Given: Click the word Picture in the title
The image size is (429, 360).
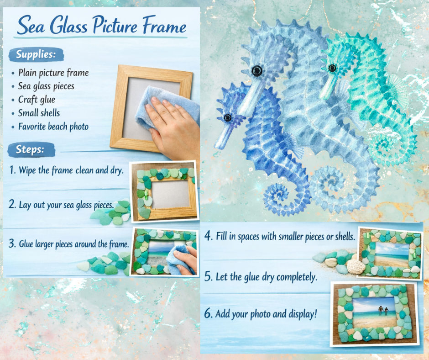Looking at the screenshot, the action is pos(115,26).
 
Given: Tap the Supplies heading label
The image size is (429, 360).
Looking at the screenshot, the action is pos(36,54).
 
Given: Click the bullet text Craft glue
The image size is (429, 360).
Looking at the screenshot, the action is pos(37,100).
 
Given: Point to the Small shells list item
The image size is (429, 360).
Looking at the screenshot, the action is pos(39,113).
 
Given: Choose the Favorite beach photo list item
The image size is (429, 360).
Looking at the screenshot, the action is pos(53,127).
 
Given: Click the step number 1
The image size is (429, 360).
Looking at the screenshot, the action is pos(12,170).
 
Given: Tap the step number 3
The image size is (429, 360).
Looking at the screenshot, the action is pos(12,244).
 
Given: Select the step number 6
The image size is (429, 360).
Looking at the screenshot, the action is pos(208,313).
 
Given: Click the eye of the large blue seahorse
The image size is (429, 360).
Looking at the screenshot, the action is pos(257,71).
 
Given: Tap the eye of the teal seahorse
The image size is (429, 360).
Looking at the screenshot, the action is pos(332,68).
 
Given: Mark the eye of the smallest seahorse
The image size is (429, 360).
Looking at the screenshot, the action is pos(227,118).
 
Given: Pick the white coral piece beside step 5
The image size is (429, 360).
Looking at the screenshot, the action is pos(355,266).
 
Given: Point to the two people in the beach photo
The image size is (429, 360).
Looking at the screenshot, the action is pos(383,311).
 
